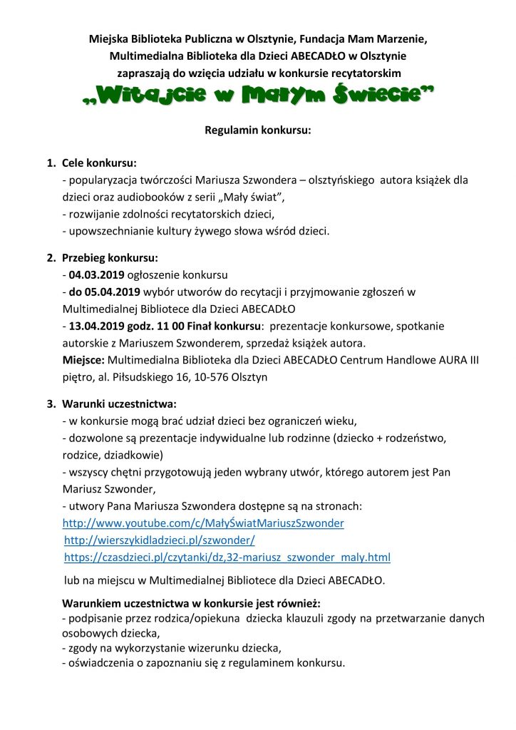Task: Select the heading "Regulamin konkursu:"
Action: point(258,131)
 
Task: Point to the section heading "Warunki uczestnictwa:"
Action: point(119,403)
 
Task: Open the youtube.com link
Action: point(203,523)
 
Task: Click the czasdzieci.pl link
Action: point(227,557)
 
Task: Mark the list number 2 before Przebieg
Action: point(51,257)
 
